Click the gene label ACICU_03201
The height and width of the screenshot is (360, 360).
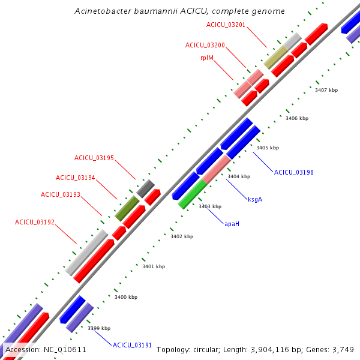click(x=226, y=25)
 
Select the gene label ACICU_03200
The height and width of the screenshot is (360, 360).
click(x=205, y=45)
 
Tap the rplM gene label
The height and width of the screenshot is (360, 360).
click(x=208, y=58)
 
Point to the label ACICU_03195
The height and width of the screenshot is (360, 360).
click(x=94, y=158)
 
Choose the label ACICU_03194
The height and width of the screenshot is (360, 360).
click(x=76, y=178)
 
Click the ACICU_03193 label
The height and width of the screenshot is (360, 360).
click(x=61, y=194)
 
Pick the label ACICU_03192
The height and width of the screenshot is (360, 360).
click(x=35, y=222)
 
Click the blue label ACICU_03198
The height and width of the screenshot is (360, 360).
click(x=294, y=172)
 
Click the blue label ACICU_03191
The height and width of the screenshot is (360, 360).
click(x=133, y=344)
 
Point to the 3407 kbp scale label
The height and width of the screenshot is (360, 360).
click(x=326, y=90)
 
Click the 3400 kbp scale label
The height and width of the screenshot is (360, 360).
click(x=126, y=297)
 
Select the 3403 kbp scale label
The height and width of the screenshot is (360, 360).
click(x=210, y=206)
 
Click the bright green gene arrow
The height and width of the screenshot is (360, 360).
click(x=192, y=194)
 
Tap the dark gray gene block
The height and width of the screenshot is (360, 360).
click(x=146, y=188)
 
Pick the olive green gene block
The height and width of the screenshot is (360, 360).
click(x=127, y=207)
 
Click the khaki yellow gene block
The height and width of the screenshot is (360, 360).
click(x=275, y=57)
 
